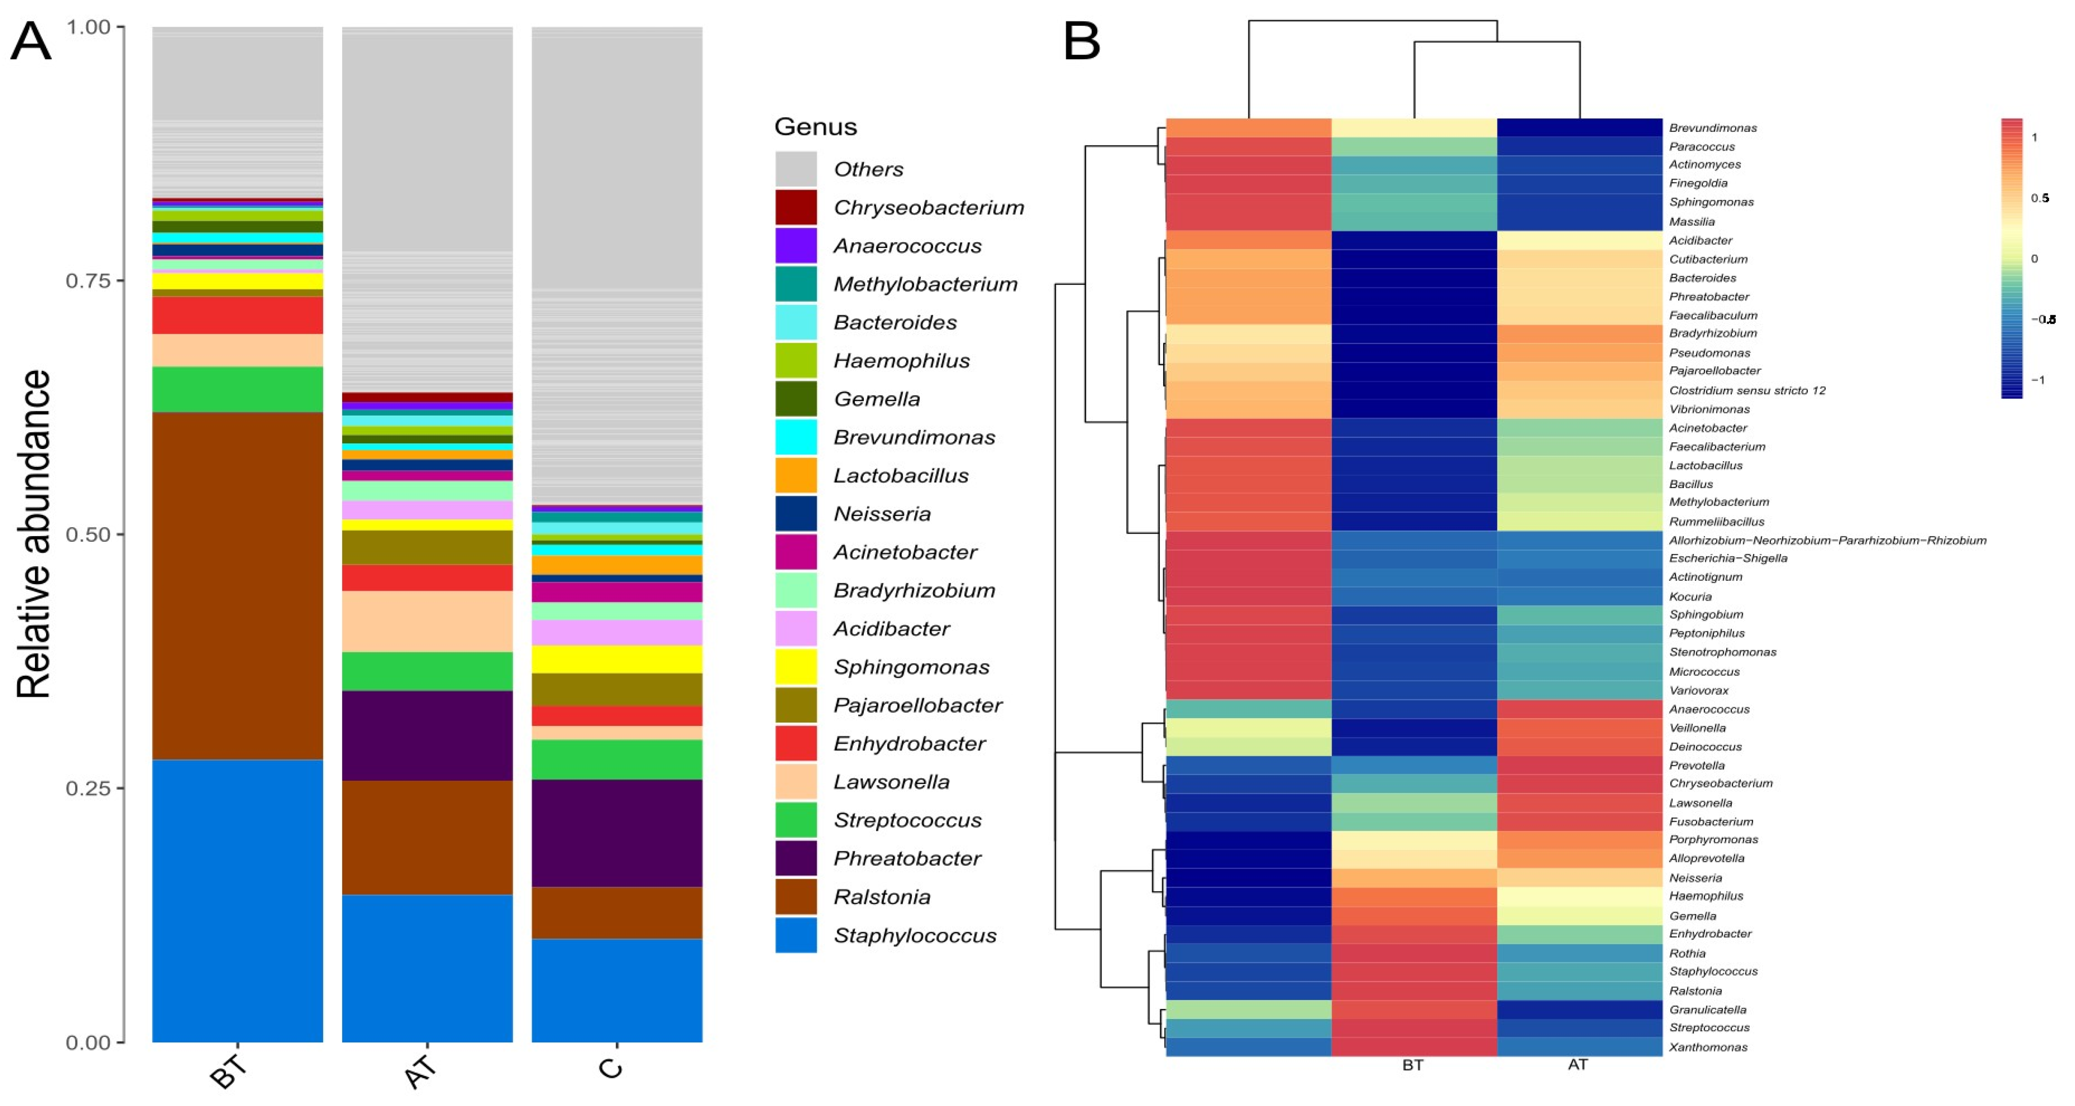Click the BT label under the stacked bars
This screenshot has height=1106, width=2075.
point(228,1071)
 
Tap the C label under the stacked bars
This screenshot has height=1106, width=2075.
point(611,1068)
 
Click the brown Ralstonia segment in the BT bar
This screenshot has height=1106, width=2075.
point(238,585)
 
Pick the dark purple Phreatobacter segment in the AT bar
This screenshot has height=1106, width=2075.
point(427,736)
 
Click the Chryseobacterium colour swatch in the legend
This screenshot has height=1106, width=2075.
point(796,207)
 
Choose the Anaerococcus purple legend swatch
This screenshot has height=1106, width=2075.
point(796,246)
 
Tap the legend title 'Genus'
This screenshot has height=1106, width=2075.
point(815,127)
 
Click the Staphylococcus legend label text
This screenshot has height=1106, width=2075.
point(914,935)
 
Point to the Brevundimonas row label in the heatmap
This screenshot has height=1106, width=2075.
point(1713,127)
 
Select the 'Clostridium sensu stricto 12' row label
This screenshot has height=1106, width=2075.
point(1746,390)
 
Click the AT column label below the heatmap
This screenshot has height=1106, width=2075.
point(1577,1064)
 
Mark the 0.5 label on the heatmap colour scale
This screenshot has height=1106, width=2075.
point(2040,198)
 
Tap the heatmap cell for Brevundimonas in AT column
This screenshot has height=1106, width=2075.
point(1579,127)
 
